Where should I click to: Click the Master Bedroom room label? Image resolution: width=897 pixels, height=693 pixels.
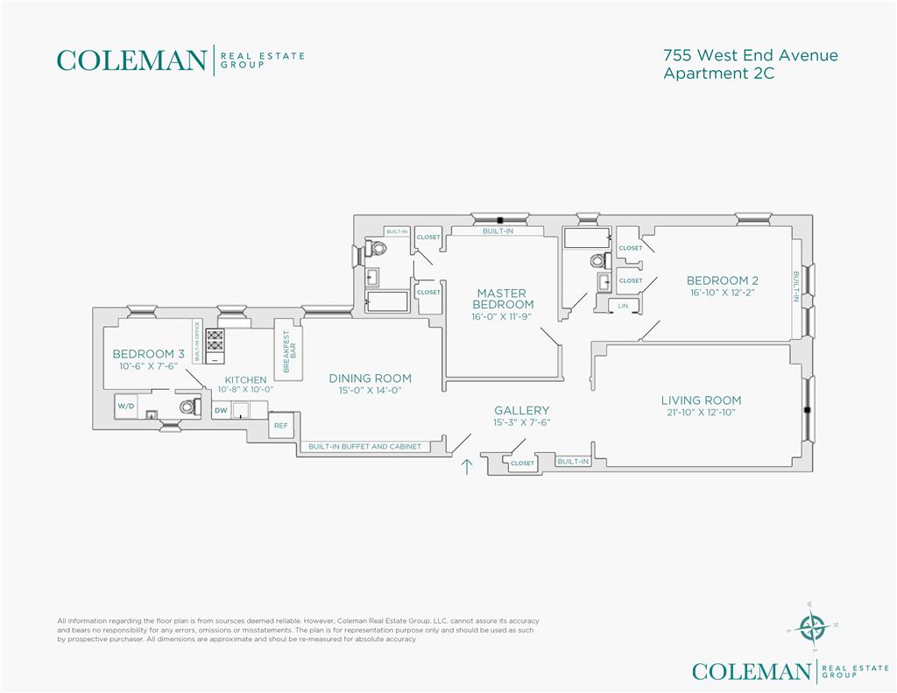[x=503, y=299]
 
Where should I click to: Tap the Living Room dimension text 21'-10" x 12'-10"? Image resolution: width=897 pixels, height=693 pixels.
[x=701, y=412]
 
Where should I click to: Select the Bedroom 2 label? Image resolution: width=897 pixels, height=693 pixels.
[x=723, y=280]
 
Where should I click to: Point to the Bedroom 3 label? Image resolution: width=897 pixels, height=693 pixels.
[x=148, y=354]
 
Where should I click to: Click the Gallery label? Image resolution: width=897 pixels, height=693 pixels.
[x=522, y=410]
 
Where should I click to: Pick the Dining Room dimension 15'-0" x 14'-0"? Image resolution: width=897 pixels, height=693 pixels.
[x=371, y=390]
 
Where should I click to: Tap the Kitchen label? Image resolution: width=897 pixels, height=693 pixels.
[x=245, y=379]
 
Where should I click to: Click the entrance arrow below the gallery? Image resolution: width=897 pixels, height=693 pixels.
[x=467, y=466]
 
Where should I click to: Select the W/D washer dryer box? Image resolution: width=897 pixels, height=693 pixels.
[x=126, y=407]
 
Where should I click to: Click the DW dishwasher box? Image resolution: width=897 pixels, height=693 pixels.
[x=221, y=410]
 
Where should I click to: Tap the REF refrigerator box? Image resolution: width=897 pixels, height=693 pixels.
[x=281, y=425]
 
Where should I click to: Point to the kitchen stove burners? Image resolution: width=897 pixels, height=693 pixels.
[x=215, y=341]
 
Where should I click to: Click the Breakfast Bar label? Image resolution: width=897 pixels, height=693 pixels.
[x=290, y=351]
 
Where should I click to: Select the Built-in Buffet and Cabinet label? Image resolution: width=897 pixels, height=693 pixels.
[x=364, y=446]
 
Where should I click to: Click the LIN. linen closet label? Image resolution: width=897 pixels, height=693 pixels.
[x=623, y=306]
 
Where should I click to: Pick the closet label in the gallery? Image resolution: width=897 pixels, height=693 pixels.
[x=522, y=463]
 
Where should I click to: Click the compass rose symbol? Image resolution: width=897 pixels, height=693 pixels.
[x=812, y=627]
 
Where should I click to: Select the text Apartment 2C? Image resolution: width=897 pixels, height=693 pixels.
[x=718, y=74]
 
